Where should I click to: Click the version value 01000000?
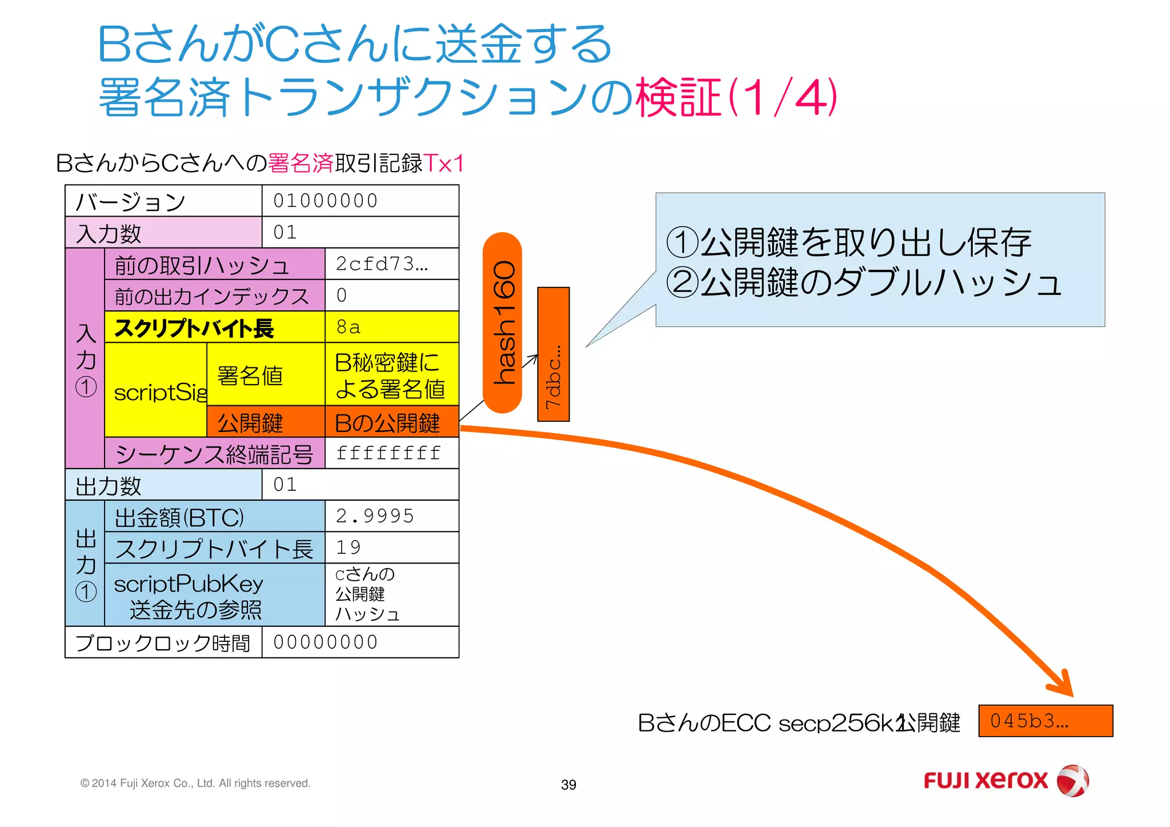[360, 201]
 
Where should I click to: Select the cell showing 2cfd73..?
[391, 263]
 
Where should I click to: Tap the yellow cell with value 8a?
[391, 327]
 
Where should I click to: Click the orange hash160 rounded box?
[502, 322]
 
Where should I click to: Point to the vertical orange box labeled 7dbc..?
[553, 354]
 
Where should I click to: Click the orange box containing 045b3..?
[1045, 721]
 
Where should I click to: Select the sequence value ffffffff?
[391, 453]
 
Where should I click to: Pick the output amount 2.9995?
[391, 516]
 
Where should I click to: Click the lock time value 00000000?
[360, 642]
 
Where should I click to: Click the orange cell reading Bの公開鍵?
[391, 423]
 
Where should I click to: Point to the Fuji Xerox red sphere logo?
[1072, 781]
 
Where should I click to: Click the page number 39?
[568, 785]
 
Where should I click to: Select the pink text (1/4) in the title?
[782, 97]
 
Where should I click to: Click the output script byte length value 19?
[391, 548]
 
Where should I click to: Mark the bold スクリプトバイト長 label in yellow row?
[194, 328]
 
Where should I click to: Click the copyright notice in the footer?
[195, 783]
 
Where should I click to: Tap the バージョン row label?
[131, 201]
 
